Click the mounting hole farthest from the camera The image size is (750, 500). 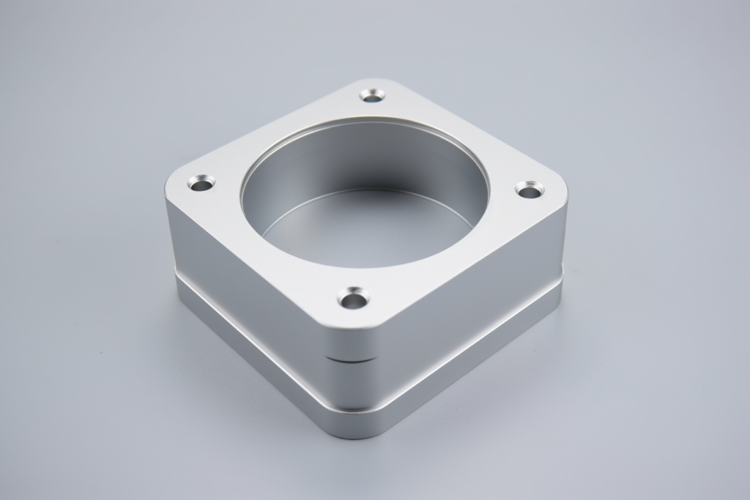tap(373, 95)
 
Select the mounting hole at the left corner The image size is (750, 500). tap(200, 182)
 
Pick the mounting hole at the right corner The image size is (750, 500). tap(529, 190)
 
